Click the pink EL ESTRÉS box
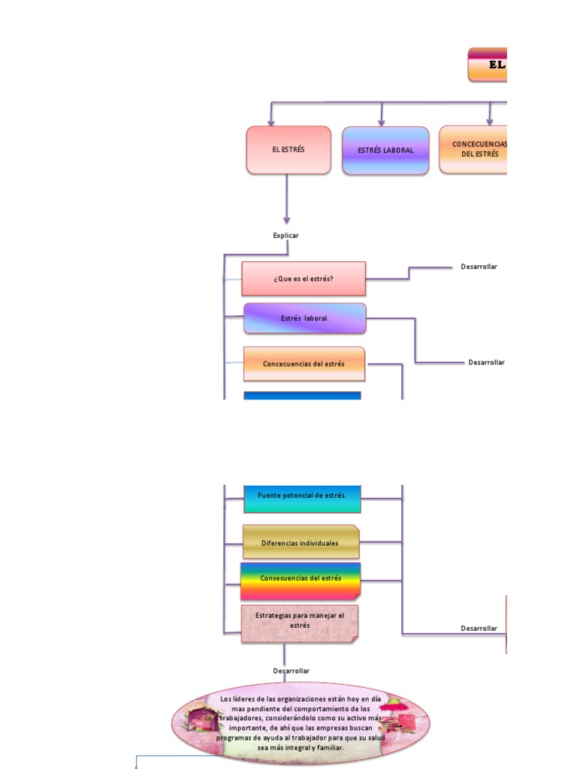click(288, 150)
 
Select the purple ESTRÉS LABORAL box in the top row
click(385, 150)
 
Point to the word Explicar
click(285, 236)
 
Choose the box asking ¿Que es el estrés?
click(304, 279)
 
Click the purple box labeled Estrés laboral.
click(305, 318)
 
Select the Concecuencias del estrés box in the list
click(304, 364)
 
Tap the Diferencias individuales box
click(301, 543)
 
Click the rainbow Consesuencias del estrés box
click(301, 579)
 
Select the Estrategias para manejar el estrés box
click(300, 622)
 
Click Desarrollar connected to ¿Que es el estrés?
click(479, 267)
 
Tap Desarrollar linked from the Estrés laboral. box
click(486, 362)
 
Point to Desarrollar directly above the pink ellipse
click(291, 671)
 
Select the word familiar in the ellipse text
click(328, 748)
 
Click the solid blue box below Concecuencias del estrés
click(302, 396)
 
